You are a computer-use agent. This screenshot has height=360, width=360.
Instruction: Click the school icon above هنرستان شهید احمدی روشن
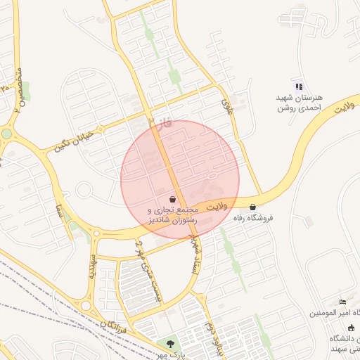click(x=298, y=86)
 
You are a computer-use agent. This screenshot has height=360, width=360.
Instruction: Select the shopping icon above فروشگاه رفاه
click(x=252, y=207)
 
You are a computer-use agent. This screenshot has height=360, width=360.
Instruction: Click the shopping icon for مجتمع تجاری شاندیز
click(x=172, y=199)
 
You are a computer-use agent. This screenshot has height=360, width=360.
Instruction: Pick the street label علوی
click(x=226, y=105)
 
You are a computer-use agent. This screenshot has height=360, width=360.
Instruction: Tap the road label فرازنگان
click(x=113, y=326)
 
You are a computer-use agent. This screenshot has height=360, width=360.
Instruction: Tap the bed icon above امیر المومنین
click(x=342, y=301)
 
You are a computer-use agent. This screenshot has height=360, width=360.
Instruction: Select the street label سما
click(x=60, y=211)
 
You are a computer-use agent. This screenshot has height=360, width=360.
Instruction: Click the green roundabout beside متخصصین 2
click(x=6, y=133)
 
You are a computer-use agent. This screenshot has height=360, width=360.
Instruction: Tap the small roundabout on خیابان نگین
click(x=84, y=190)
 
